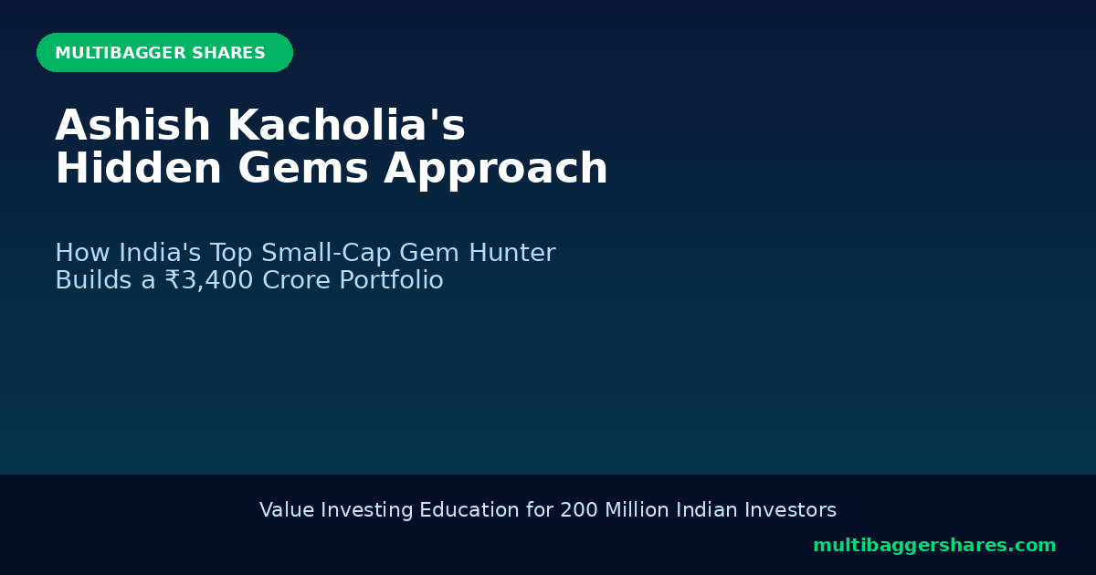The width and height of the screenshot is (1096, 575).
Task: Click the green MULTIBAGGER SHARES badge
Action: pyautogui.click(x=164, y=53)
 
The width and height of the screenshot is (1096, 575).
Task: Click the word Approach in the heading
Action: pyautogui.click(x=496, y=171)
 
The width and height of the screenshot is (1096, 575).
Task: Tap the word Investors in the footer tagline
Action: pyautogui.click(x=796, y=510)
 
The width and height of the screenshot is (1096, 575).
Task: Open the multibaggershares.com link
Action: pyautogui.click(x=934, y=546)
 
